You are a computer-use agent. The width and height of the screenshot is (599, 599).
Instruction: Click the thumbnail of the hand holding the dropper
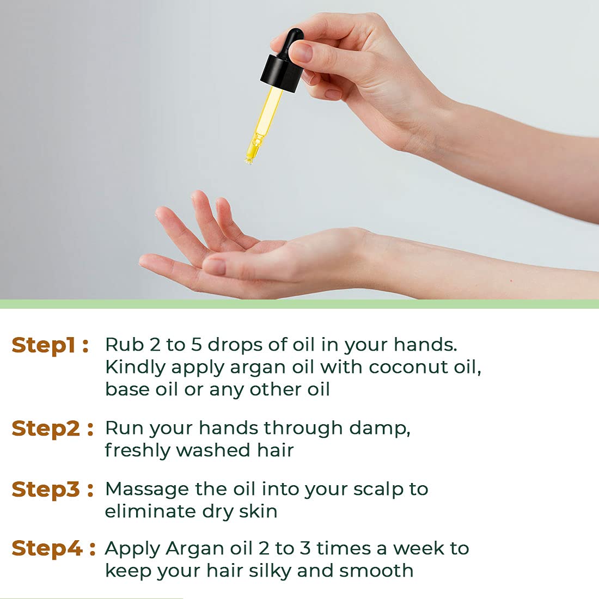[x=301, y=52]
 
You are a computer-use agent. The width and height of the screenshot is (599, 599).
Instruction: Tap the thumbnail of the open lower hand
[x=214, y=266]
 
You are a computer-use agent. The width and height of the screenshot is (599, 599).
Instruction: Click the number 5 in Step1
[x=196, y=345]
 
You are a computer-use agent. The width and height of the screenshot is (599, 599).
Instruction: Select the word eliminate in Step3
[x=150, y=511]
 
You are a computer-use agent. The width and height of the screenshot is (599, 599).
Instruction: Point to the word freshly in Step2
[x=137, y=451]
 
